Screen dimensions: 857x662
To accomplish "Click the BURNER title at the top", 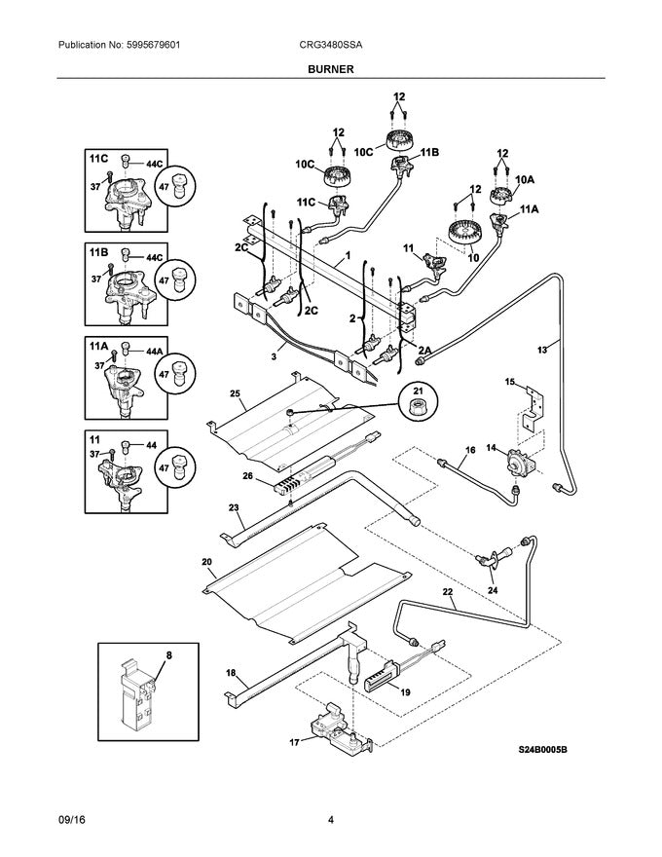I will [331, 69].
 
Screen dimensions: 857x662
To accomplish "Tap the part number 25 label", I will [235, 392].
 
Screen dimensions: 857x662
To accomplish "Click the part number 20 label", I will [206, 562].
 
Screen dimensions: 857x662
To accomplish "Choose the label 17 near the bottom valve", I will [294, 744].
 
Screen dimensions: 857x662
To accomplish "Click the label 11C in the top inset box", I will [98, 158].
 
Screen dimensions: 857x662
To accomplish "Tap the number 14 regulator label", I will [491, 447].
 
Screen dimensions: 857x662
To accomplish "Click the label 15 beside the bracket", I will [508, 383].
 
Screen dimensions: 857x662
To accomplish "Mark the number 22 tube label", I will [447, 592].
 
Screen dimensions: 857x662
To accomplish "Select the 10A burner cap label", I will [525, 179].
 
